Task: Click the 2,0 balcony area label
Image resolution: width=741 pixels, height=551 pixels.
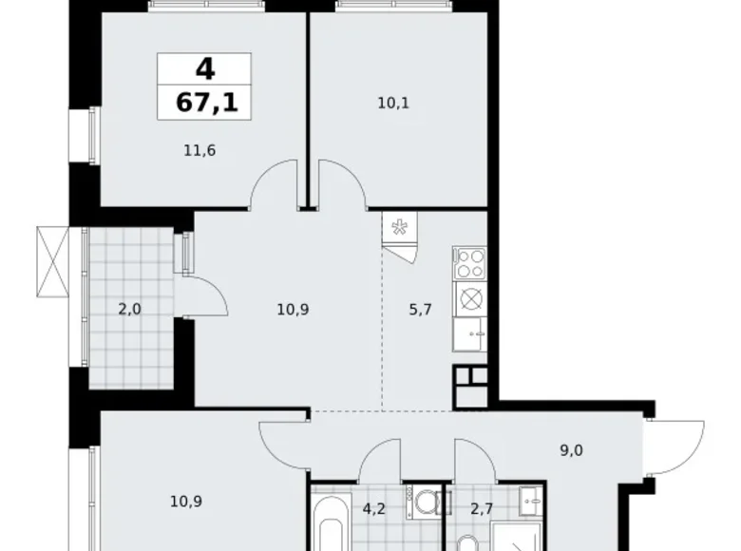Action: pos(130,308)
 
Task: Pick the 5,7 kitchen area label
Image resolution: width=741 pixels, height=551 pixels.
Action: pos(420,308)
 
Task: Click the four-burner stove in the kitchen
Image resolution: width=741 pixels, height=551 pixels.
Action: pos(469,262)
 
